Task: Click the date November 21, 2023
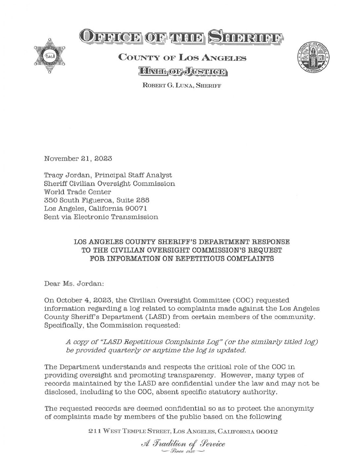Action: pos(78,158)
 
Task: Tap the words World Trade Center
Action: pos(78,192)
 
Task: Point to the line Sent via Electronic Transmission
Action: pos(101,217)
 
